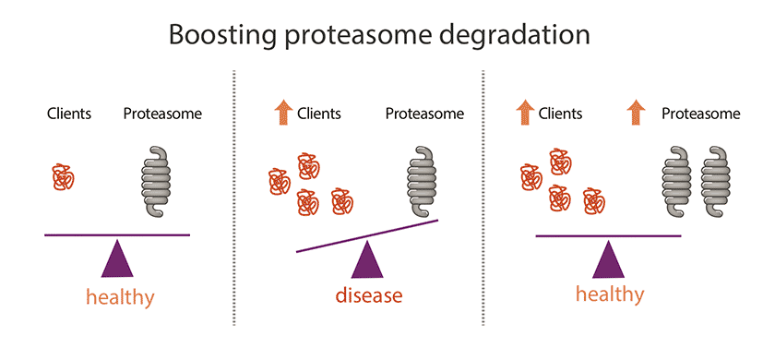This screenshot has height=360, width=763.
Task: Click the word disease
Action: [x=369, y=295]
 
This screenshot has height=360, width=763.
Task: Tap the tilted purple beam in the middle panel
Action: [x=367, y=235]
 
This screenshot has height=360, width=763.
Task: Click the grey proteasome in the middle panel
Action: [x=422, y=181]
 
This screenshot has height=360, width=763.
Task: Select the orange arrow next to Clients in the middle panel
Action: [x=282, y=114]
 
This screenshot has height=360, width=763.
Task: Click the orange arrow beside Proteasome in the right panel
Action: [x=637, y=114]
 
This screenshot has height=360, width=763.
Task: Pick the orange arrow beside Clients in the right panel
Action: [x=524, y=114]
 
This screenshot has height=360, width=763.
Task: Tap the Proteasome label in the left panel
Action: [x=162, y=114]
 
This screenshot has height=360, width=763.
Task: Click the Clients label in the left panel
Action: [x=69, y=114]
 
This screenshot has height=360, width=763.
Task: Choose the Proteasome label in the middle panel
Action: [x=424, y=114]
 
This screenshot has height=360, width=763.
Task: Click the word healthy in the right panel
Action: [x=610, y=294]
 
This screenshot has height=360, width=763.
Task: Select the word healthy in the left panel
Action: [x=120, y=295]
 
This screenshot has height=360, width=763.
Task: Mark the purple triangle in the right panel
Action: [x=608, y=259]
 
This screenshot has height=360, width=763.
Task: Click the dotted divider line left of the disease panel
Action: [x=234, y=198]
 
